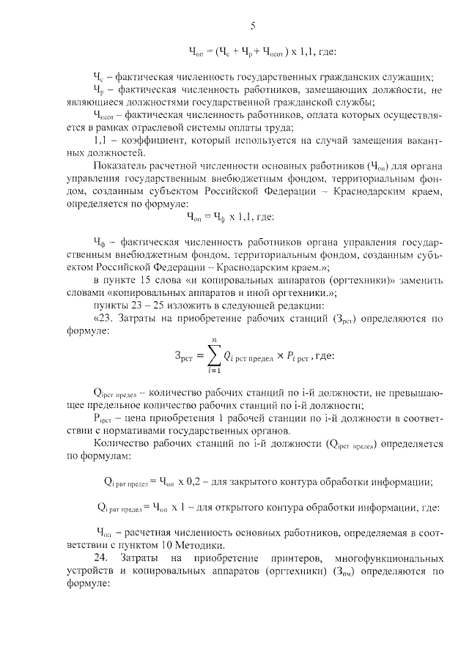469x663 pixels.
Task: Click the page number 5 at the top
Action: point(252,27)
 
